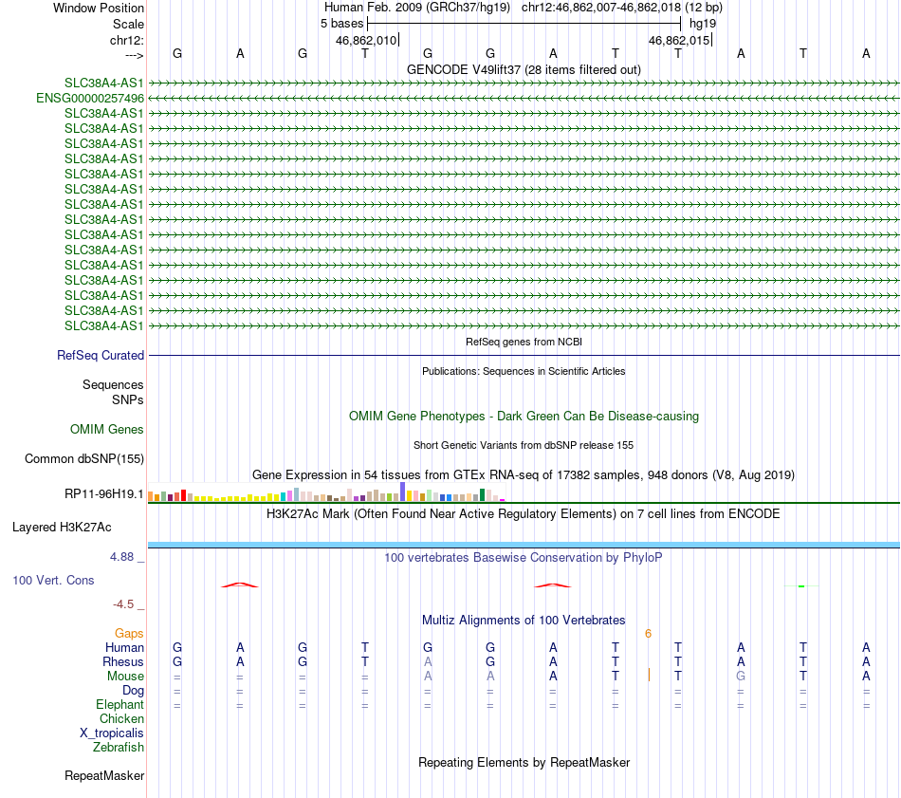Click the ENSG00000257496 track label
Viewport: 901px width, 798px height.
(90, 98)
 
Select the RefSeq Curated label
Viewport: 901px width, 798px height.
(101, 355)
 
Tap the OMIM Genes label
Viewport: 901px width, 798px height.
(107, 429)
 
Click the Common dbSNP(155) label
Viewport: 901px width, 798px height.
(83, 459)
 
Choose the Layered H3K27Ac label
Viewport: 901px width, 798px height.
(62, 527)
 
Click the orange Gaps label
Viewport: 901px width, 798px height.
(129, 633)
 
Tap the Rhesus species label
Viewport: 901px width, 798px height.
(123, 661)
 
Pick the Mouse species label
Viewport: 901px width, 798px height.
(125, 676)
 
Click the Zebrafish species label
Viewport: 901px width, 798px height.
(119, 747)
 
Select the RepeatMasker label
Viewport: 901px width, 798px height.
(104, 775)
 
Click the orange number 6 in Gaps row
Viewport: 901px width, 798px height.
(648, 633)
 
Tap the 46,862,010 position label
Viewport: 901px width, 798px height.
(366, 40)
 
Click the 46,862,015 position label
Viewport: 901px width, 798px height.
(678, 40)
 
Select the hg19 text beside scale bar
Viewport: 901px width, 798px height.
(703, 23)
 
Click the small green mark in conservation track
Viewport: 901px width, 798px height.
(801, 586)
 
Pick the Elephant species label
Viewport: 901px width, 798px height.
(120, 704)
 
